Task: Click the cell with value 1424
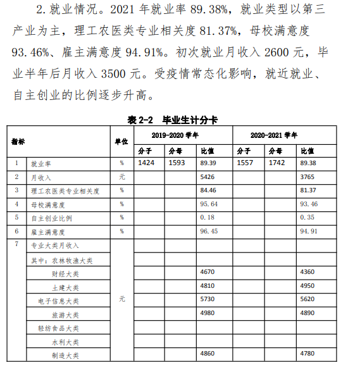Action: pyautogui.click(x=147, y=163)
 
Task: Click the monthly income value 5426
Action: pyautogui.click(x=208, y=177)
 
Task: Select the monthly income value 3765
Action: pyautogui.click(x=308, y=177)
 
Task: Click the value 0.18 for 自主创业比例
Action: pyautogui.click(x=208, y=218)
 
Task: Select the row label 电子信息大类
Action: pyautogui.click(x=58, y=301)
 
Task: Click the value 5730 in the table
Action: pyautogui.click(x=208, y=300)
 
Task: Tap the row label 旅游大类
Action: pyautogui.click(x=65, y=314)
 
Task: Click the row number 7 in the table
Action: pyautogui.click(x=16, y=245)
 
